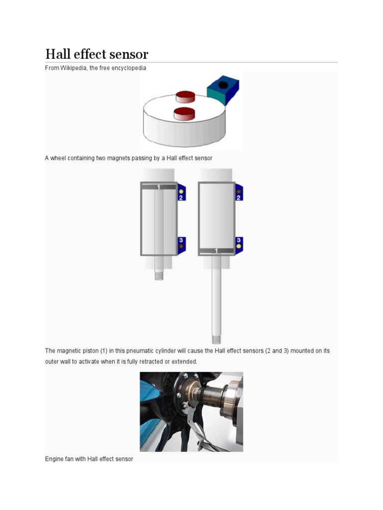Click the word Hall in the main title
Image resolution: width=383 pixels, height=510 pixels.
(56, 54)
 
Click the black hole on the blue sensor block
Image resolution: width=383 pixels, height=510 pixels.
(222, 86)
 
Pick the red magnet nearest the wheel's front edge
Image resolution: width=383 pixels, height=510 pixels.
(184, 113)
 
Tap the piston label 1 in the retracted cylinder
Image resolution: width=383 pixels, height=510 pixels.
(159, 187)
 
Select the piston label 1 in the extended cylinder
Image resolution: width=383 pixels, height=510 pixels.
(216, 251)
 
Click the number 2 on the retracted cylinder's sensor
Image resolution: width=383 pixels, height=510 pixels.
(182, 197)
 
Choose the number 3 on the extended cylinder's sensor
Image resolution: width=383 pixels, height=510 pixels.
(239, 240)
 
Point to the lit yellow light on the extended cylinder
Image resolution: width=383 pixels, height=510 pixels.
(239, 246)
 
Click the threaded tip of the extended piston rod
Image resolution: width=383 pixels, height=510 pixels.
(216, 339)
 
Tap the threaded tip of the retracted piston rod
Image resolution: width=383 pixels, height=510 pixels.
(159, 275)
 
